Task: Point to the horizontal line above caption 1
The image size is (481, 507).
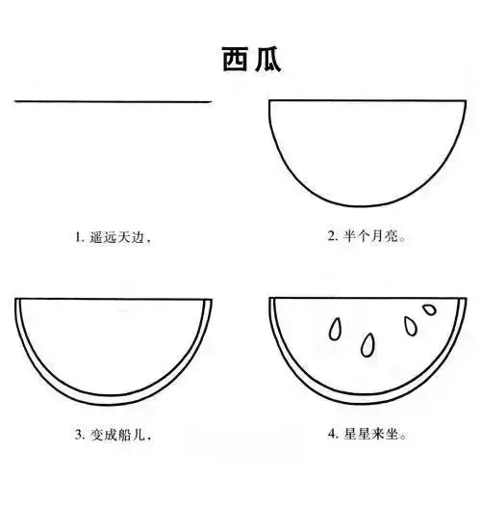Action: [113, 100]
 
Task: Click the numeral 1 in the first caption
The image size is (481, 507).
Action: [80, 235]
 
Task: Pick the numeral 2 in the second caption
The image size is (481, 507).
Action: [332, 235]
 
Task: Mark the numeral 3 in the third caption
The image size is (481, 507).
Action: [80, 435]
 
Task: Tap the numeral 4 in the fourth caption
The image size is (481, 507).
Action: [332, 435]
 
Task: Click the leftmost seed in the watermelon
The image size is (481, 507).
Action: [335, 329]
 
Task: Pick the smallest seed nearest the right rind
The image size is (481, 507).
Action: [427, 310]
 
